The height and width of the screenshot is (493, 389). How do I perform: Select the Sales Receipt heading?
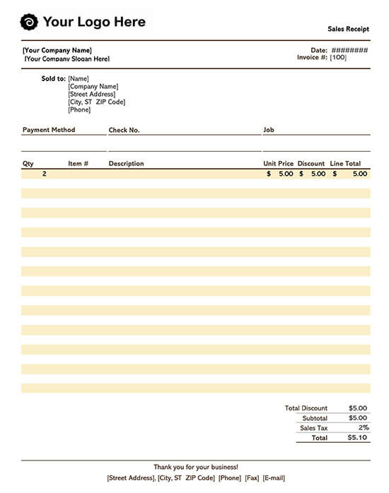click(x=348, y=30)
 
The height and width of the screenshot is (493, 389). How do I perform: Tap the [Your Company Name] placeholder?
click(x=57, y=50)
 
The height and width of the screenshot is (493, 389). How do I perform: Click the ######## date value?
click(x=349, y=50)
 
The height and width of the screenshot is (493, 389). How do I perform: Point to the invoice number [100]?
click(x=338, y=57)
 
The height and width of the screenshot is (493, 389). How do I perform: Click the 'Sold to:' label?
click(x=54, y=78)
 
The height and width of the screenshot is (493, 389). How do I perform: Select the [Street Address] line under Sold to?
click(x=91, y=94)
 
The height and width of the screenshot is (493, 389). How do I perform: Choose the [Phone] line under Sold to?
click(x=79, y=109)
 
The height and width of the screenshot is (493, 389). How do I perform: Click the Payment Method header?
click(x=49, y=130)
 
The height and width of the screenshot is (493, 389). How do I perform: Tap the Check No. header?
click(x=124, y=130)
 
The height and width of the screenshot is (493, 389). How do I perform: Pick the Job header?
click(x=269, y=130)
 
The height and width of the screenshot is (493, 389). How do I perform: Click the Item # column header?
click(x=78, y=164)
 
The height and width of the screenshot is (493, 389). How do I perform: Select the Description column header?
click(x=126, y=164)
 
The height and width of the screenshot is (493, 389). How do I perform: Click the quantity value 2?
click(x=45, y=174)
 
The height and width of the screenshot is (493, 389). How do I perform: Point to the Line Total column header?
click(x=345, y=164)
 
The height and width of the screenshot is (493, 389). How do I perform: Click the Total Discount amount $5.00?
click(x=358, y=408)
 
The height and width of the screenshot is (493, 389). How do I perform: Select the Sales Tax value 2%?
click(x=364, y=428)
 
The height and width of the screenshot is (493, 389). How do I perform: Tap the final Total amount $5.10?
click(x=357, y=438)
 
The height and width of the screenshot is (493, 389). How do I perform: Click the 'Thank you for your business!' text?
click(x=196, y=467)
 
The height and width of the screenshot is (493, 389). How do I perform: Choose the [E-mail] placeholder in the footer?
click(x=274, y=478)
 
